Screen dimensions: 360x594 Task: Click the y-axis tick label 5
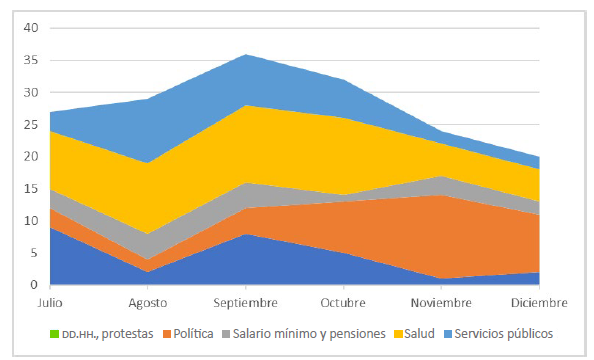click(x=32, y=253)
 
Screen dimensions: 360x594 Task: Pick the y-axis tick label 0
click(x=32, y=285)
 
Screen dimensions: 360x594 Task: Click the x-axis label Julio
click(x=50, y=301)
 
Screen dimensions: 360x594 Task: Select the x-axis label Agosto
click(x=148, y=301)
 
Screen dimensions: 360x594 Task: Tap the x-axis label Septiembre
click(x=246, y=301)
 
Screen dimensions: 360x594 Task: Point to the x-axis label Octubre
click(x=344, y=301)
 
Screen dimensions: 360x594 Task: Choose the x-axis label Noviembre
click(x=441, y=301)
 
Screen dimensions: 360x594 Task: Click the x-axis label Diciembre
click(x=539, y=301)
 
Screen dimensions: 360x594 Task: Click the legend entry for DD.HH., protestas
click(x=106, y=332)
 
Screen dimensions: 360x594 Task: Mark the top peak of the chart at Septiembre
click(x=246, y=54)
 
